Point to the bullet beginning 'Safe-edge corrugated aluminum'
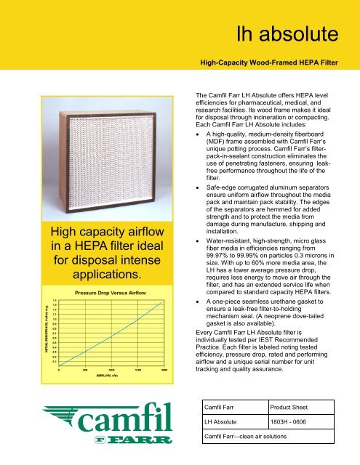[x=201, y=185]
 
